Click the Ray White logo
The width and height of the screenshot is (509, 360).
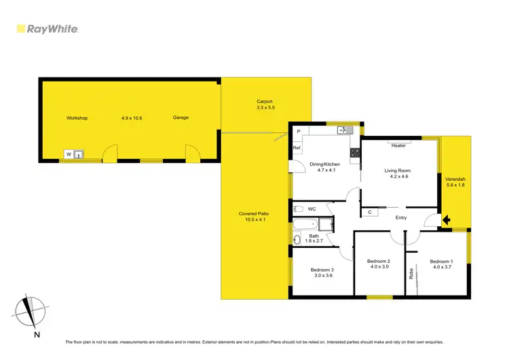click(48, 29)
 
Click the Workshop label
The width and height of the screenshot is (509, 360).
click(77, 118)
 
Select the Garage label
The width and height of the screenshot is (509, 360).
click(181, 118)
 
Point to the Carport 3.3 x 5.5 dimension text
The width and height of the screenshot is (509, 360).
click(265, 108)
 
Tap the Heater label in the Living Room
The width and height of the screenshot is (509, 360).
click(398, 145)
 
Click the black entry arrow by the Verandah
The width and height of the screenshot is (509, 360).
click(446, 219)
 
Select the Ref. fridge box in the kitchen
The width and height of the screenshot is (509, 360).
click(297, 148)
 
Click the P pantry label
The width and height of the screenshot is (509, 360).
click(298, 130)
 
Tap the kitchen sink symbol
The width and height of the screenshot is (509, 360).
click(345, 130)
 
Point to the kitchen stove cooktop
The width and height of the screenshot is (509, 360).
click(354, 153)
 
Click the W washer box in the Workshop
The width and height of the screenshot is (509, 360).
click(69, 154)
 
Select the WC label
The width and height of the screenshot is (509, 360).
click(312, 209)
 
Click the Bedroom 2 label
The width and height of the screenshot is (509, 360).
click(378, 261)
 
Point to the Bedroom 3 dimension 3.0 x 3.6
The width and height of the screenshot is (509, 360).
click(323, 276)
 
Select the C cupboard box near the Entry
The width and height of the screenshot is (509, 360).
click(369, 213)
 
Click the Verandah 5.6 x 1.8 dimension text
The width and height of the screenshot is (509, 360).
click(455, 185)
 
